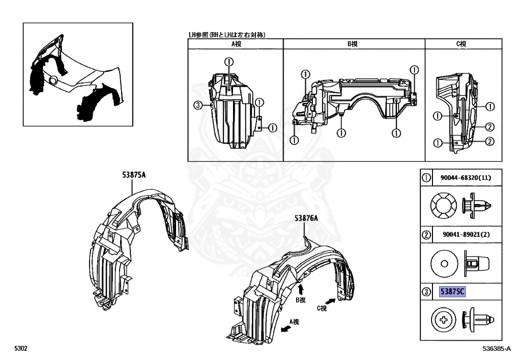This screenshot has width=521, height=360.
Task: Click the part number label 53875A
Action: (134, 175)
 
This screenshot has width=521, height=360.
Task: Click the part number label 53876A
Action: (306, 218)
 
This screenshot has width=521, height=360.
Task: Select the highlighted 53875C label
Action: (453, 292)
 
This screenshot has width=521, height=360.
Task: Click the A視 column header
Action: (236, 44)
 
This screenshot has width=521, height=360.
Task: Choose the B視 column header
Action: (353, 44)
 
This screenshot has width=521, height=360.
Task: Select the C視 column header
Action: (461, 44)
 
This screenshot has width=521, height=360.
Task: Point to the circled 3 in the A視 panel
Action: (198, 105)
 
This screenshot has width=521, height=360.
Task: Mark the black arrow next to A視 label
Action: (287, 328)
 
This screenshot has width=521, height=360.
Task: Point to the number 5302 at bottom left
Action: (20, 349)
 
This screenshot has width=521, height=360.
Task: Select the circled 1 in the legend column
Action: (426, 178)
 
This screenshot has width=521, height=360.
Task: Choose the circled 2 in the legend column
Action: (426, 235)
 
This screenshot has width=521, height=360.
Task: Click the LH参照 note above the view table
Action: (228, 35)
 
